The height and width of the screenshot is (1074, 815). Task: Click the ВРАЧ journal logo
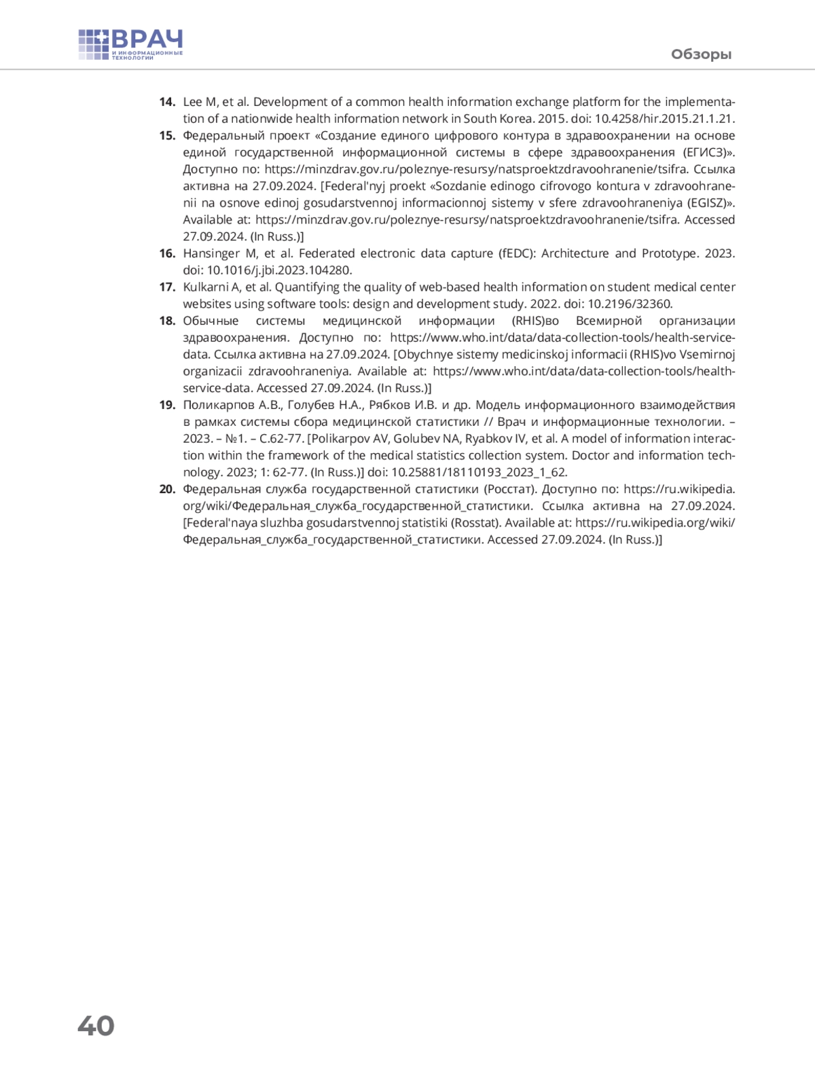point(130,45)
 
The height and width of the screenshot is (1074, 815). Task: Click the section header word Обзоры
point(701,54)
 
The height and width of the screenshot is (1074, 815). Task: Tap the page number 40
point(96,1025)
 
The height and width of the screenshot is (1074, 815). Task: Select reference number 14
point(167,102)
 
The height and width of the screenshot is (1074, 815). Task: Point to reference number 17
point(167,287)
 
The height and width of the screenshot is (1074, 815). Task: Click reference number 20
point(167,489)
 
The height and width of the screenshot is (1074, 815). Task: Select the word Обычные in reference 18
point(211,321)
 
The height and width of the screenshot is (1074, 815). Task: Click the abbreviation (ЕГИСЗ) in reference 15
point(708,152)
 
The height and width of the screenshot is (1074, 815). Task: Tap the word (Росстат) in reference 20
point(509,489)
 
